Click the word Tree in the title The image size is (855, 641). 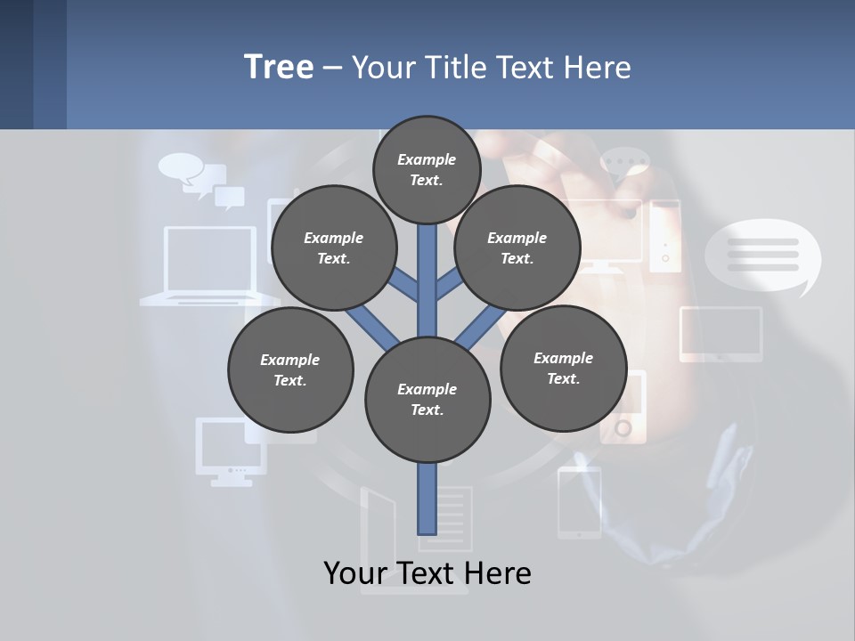coord(279,68)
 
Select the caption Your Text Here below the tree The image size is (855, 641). coord(427,573)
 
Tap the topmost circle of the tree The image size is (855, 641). coord(427,169)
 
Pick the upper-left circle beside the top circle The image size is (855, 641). coord(333,247)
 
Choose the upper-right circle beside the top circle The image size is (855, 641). coord(517,247)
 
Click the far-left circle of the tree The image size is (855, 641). coord(290,369)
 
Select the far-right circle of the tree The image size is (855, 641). coord(563,368)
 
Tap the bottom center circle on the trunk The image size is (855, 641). coord(427,399)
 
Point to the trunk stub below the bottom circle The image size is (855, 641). coord(427,499)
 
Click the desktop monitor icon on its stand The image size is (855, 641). coord(230,450)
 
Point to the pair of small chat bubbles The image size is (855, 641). coord(202,181)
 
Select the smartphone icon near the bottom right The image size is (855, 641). coord(579,503)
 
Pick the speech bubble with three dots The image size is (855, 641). coord(624,166)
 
